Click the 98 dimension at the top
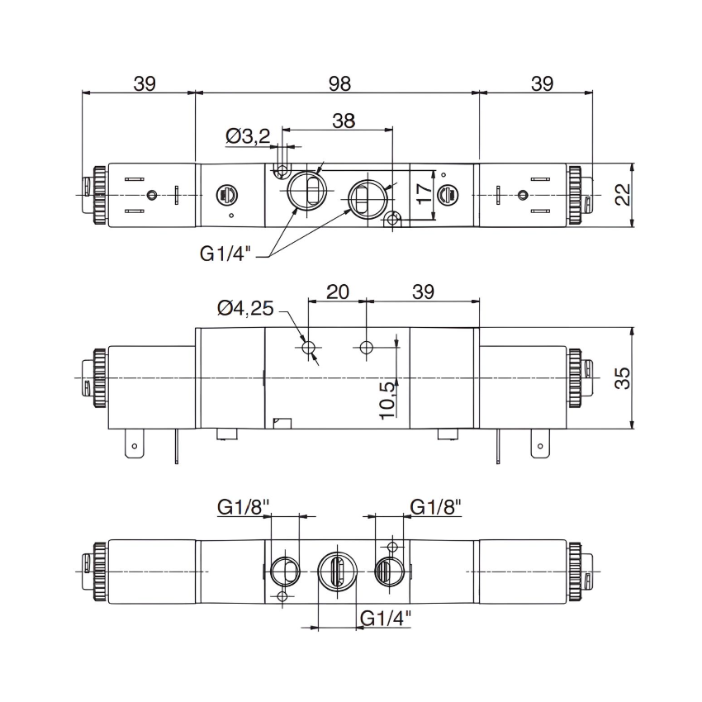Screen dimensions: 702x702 tap(339, 83)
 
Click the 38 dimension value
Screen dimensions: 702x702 tap(344, 121)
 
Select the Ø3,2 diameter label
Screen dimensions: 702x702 tap(247, 135)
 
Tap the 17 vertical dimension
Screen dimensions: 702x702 tap(424, 194)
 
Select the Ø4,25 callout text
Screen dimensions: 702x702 tap(244, 308)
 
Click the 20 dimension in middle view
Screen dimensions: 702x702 tap(337, 292)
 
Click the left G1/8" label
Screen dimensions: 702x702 tap(244, 506)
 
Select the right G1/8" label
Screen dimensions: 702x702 tap(435, 506)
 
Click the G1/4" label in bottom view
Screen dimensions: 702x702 tap(386, 616)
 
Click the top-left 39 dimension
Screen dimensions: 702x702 tap(145, 83)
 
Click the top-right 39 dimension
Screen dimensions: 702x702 tap(542, 83)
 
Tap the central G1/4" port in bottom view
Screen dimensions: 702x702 tap(336, 571)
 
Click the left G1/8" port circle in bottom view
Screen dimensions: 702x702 tap(282, 570)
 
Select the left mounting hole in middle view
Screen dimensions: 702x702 tap(309, 349)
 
